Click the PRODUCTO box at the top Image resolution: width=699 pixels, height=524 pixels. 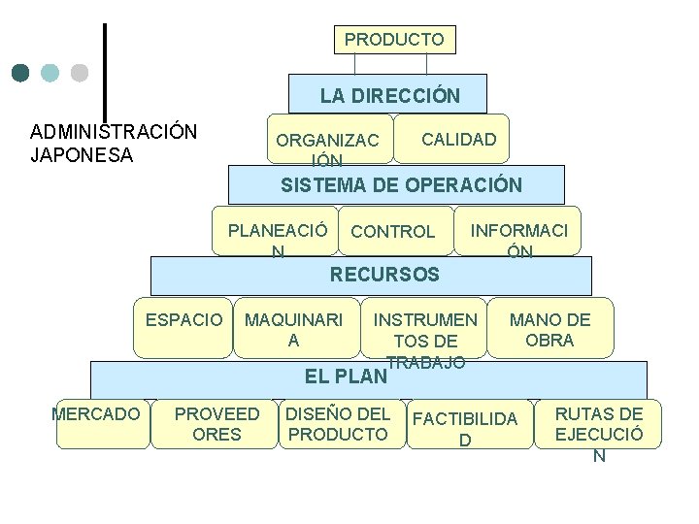coord(394,40)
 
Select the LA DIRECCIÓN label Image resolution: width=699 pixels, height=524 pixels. coord(389,96)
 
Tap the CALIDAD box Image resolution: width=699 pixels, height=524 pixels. coord(458,140)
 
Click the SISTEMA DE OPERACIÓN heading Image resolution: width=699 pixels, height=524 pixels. coord(401,185)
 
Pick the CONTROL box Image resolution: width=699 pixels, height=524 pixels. coord(393,232)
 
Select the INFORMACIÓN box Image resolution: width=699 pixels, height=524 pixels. coord(519,233)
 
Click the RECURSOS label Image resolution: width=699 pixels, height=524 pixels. coord(384,275)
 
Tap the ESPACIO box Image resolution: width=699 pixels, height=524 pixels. coord(183,321)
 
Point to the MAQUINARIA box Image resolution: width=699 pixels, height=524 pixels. coord(293,330)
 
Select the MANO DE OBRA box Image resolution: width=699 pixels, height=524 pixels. coord(549,330)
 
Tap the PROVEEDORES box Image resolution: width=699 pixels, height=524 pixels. coord(216,424)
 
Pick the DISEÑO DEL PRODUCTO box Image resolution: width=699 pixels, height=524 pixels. coord(338,424)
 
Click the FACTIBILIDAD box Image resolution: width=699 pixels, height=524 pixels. coord(465,427)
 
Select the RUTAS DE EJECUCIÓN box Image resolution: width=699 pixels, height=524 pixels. coord(598,427)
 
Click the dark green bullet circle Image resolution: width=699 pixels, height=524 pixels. coord(21,73)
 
